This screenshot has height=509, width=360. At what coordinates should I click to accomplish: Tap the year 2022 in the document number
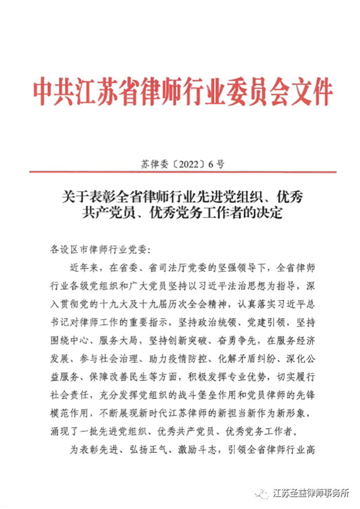point(185,165)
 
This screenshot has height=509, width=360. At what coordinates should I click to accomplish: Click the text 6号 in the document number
point(213,165)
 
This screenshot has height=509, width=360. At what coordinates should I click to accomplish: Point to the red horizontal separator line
point(183,172)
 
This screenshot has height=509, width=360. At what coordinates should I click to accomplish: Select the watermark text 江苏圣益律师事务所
point(311,493)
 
